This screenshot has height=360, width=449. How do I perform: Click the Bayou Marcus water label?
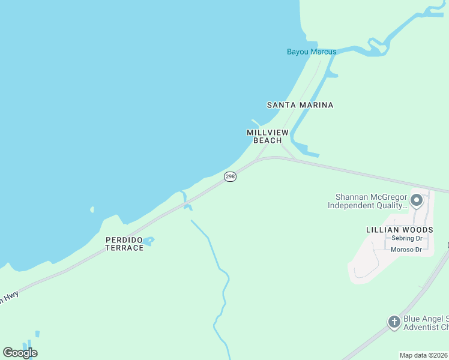(x=311, y=52)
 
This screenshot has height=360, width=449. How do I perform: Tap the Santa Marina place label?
(x=300, y=105)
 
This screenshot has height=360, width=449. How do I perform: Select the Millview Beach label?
(x=268, y=136)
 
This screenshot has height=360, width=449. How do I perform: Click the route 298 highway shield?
(x=230, y=176)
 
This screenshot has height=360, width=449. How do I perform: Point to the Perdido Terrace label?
(x=124, y=244)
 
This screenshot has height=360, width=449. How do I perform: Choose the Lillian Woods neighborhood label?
(x=399, y=230)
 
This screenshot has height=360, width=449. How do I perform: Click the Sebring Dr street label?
(x=408, y=238)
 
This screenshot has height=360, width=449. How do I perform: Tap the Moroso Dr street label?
(x=406, y=250)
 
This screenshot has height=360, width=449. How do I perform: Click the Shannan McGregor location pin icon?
(x=417, y=199)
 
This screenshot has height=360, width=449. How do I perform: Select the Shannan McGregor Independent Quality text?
(x=367, y=201)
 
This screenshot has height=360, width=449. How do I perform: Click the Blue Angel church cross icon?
(x=394, y=322)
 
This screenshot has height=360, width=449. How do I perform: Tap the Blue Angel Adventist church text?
(x=426, y=323)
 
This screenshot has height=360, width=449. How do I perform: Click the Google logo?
(x=20, y=352)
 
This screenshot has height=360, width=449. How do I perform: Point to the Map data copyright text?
(x=424, y=355)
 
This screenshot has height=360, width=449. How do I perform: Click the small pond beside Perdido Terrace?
(x=148, y=241)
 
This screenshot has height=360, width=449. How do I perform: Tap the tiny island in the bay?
(x=92, y=210)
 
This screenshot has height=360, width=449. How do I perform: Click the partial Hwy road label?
(x=8, y=297)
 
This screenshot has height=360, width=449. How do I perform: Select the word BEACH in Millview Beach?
(x=268, y=140)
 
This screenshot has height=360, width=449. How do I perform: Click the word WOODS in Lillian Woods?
(x=418, y=230)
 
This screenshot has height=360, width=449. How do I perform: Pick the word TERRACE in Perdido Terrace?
(x=124, y=248)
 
